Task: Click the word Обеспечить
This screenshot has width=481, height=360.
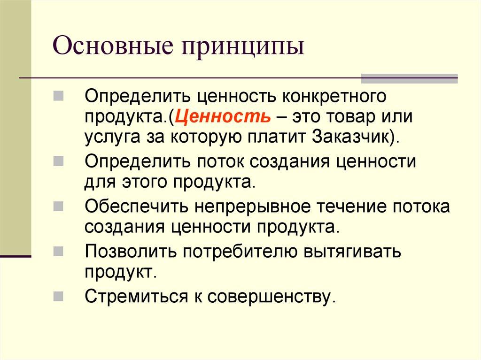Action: coord(128,207)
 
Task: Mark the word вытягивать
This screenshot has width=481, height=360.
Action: coord(353,252)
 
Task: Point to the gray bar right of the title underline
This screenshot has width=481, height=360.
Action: coord(409,78)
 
